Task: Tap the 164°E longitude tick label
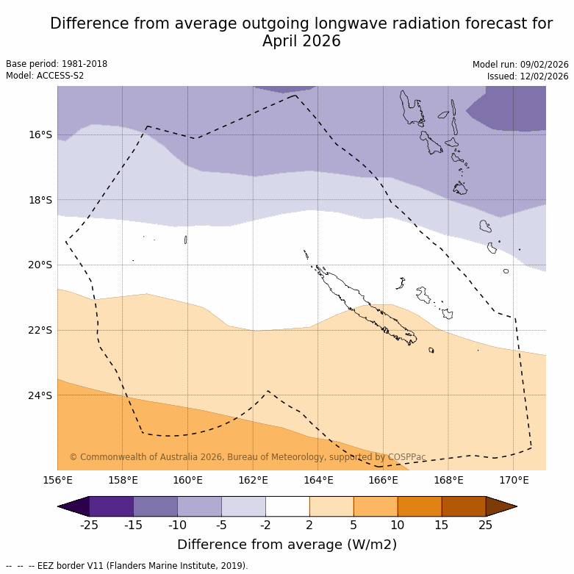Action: pos(318,481)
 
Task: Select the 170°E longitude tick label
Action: pos(514,481)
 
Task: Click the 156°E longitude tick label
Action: pos(57,481)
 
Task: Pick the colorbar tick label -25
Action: pos(90,524)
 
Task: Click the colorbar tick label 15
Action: pos(442,524)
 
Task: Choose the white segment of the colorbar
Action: pos(287,506)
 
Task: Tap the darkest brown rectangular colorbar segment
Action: pos(464,506)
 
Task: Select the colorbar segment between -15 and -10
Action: pos(155,506)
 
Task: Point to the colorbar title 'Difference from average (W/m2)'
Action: pos(287,545)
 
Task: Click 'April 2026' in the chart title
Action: pos(301,41)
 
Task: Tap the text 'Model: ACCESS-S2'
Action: pos(45,76)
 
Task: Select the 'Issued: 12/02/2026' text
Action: pos(528,76)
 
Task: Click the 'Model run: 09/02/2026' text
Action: pos(520,64)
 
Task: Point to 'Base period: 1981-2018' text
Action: pos(57,64)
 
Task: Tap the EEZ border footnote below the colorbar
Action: pos(127,566)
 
